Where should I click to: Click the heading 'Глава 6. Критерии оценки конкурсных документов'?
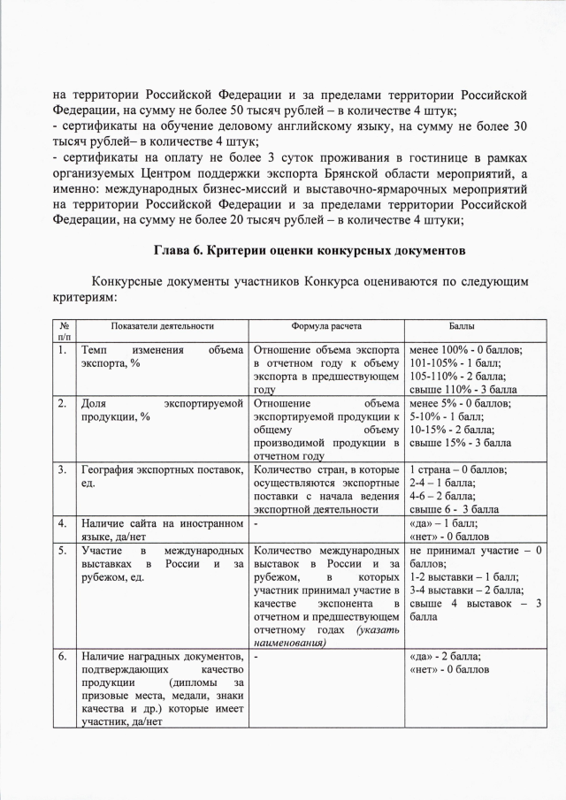tap(310, 251)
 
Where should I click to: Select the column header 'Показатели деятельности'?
tap(163, 325)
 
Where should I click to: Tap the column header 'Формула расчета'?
tap(327, 325)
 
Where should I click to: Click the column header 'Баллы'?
tap(474, 325)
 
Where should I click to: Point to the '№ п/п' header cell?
tap(64, 331)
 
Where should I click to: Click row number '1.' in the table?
tap(63, 350)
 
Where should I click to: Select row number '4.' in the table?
tap(63, 523)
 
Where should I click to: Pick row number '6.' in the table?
tap(63, 657)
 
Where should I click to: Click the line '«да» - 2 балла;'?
tap(447, 657)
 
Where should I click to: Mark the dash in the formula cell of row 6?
tap(256, 657)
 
